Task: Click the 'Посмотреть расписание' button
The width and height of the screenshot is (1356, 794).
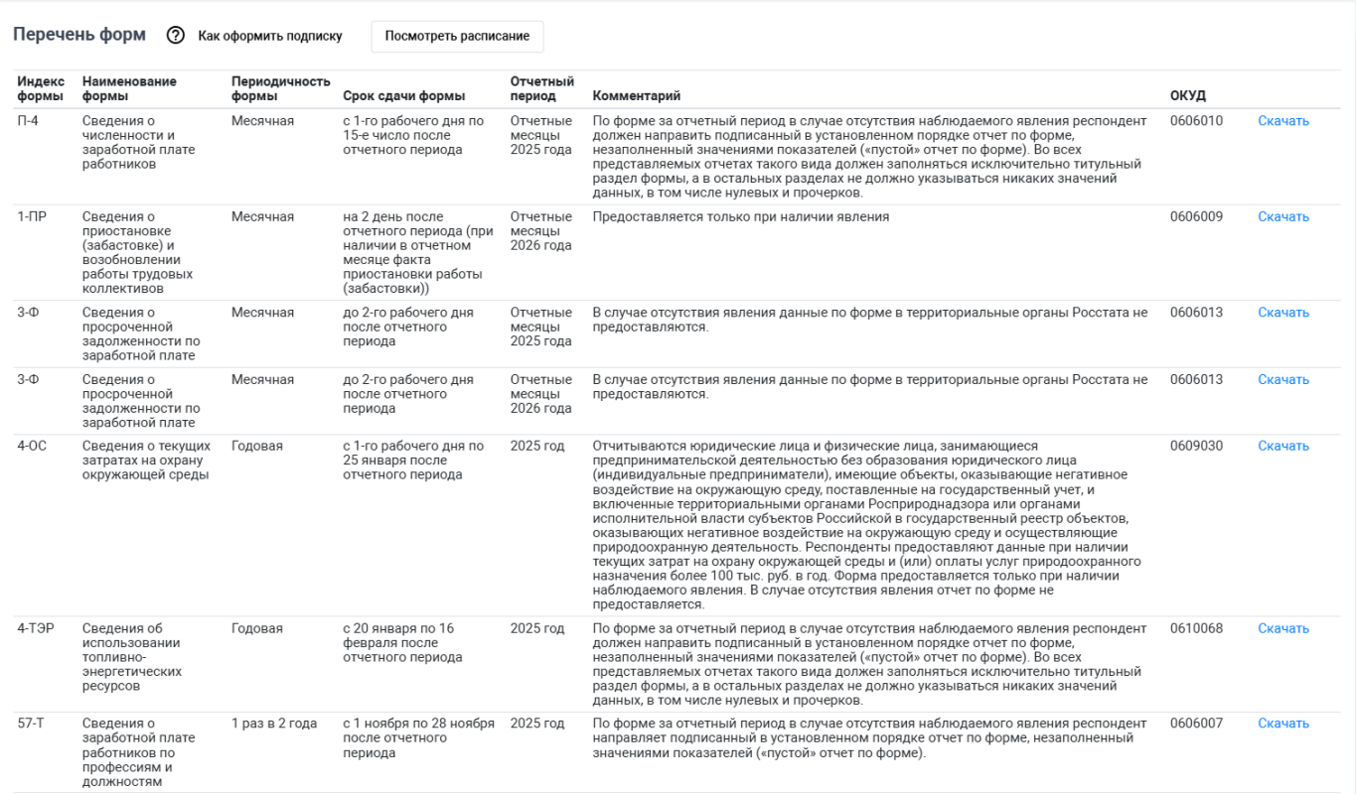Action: (457, 36)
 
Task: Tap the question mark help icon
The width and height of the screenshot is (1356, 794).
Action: (176, 36)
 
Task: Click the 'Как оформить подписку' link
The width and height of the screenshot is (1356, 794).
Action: (270, 36)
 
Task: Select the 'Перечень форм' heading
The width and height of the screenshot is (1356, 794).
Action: (79, 35)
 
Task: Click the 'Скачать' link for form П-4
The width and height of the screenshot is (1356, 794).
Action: (1283, 121)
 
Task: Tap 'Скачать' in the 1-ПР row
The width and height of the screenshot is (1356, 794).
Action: (1283, 216)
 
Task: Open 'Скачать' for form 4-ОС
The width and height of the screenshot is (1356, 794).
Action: (1283, 446)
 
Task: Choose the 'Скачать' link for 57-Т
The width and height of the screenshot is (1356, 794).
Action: (1283, 724)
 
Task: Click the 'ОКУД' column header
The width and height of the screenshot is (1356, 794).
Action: (1188, 95)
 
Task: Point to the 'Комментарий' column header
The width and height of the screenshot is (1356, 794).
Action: (637, 95)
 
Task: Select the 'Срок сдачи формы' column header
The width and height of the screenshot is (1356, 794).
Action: (403, 95)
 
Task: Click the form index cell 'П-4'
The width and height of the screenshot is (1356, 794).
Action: (30, 121)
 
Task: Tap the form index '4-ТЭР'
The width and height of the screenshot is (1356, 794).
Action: (37, 628)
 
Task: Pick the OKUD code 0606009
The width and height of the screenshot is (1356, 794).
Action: (1196, 216)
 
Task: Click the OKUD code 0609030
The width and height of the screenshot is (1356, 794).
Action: (1196, 446)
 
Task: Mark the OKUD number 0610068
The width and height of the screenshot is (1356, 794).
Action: (1196, 628)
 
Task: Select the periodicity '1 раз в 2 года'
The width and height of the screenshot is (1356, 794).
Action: (274, 724)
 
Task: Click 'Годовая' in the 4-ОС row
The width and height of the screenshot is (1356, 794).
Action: (257, 446)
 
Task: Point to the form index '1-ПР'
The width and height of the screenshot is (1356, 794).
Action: (32, 216)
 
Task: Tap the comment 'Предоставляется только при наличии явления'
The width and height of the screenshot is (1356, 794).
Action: (740, 216)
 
